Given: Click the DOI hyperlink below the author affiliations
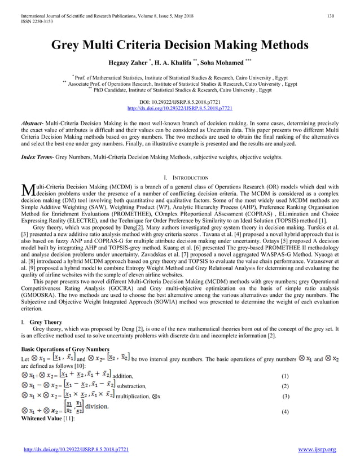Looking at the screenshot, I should [x=180, y=108].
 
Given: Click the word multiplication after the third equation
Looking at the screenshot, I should [x=131, y=397].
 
